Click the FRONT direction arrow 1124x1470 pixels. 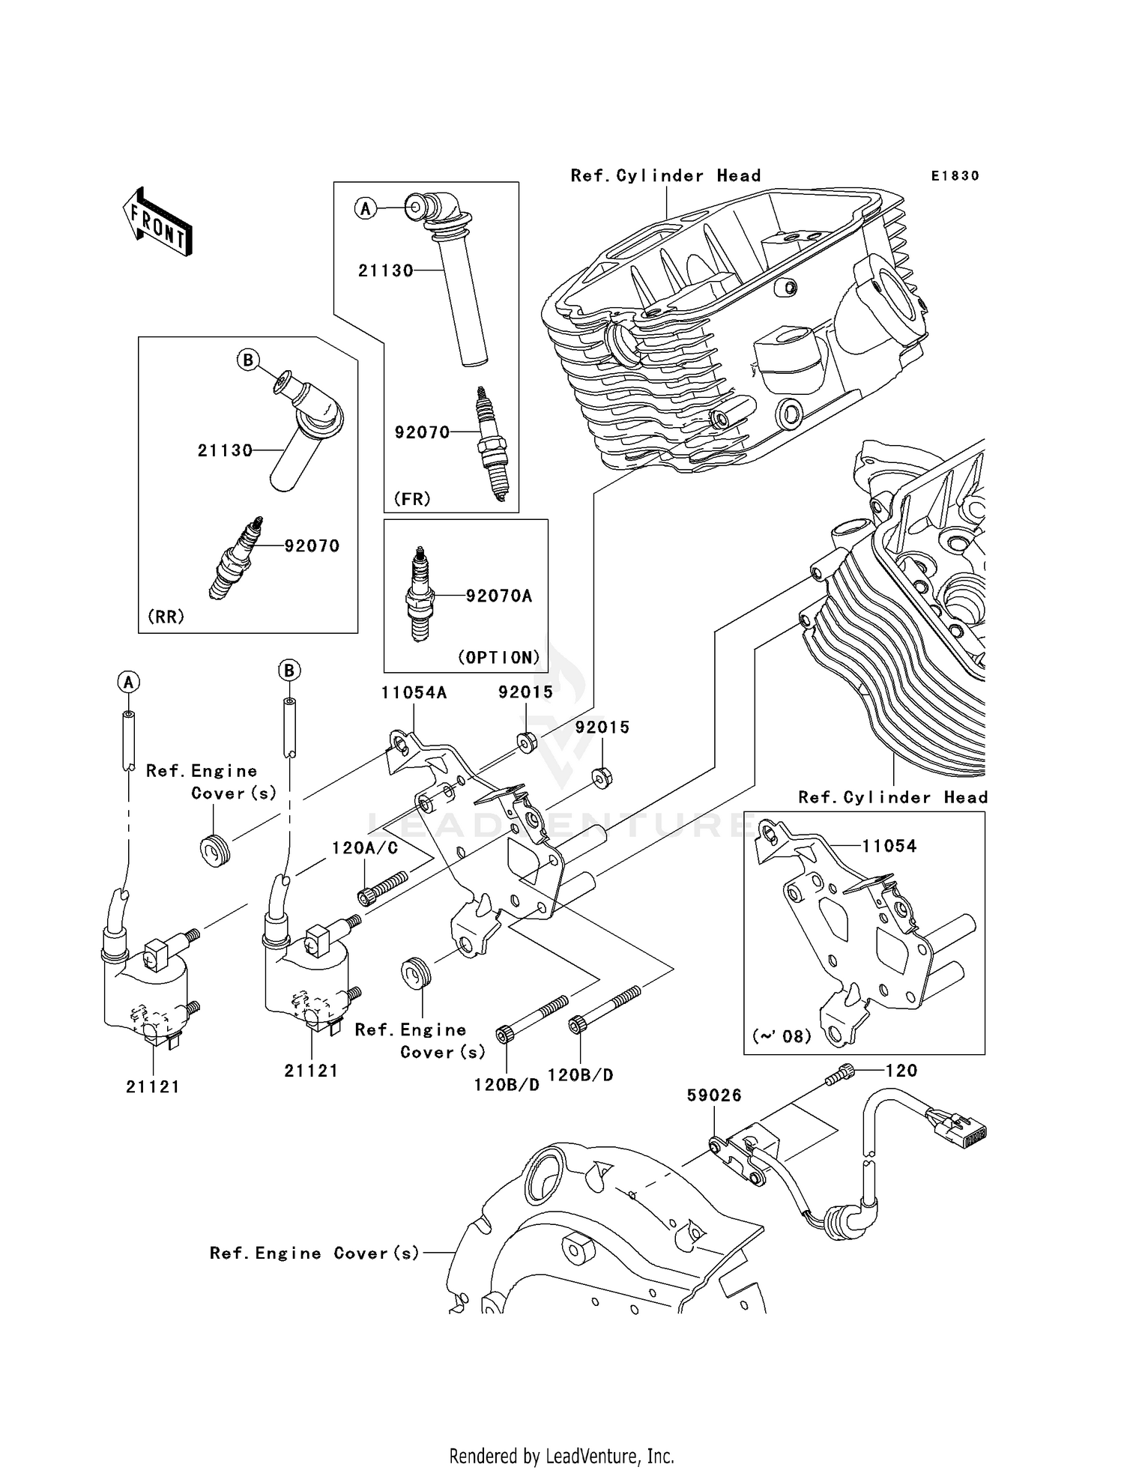[x=158, y=223]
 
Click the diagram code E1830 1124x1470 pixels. [x=955, y=176]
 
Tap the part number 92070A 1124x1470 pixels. [x=498, y=596]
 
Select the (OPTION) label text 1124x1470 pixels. [x=498, y=657]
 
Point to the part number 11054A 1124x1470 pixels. [x=413, y=692]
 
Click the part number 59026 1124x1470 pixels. [x=713, y=1095]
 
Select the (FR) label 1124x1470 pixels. [x=412, y=498]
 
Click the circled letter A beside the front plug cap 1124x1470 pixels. [x=365, y=208]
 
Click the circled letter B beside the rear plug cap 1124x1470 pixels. [x=247, y=360]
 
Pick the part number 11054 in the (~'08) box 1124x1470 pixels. [x=889, y=846]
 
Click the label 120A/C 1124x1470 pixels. [x=365, y=847]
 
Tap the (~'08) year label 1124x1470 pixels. [x=782, y=1036]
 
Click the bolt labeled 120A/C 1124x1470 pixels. [x=383, y=887]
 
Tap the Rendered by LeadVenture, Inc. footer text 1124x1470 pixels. [x=561, y=1456]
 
